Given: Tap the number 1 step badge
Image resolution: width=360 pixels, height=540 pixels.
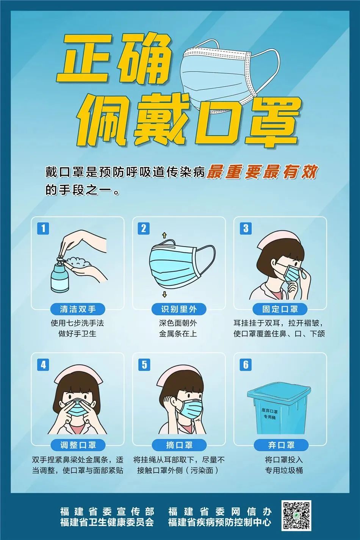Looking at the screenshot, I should (43, 229).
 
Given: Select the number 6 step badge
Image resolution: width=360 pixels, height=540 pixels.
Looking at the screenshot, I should (246, 365).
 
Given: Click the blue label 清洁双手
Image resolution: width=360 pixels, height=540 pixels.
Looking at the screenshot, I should (78, 309).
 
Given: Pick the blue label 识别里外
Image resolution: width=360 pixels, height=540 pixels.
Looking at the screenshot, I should (179, 309).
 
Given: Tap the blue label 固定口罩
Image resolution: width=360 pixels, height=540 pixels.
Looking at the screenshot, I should (280, 309).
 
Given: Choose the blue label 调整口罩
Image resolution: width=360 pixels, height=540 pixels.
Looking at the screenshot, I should (78, 445).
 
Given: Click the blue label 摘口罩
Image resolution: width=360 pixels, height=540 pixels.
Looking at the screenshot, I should (179, 445).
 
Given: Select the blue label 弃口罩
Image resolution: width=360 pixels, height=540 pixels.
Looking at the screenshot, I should (281, 445).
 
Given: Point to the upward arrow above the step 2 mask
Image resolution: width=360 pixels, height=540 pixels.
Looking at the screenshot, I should (164, 235).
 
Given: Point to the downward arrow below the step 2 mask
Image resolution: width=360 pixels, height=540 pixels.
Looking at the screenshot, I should (164, 295).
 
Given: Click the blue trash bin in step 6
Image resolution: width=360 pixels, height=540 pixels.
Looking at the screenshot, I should (278, 411).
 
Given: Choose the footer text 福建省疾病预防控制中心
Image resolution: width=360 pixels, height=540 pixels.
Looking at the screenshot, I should (220, 522).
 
